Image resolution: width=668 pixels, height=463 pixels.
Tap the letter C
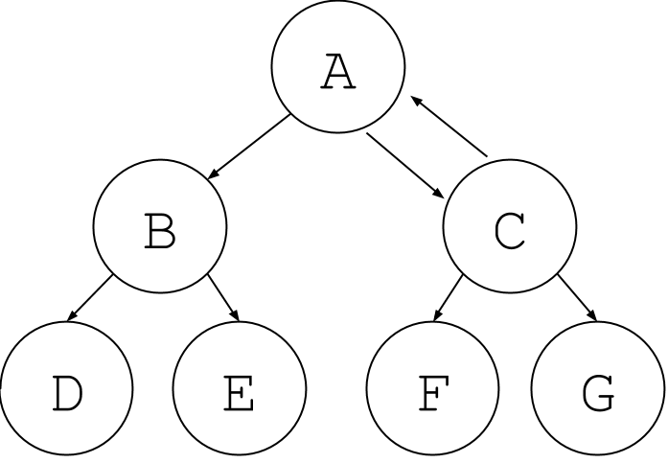(x=510, y=231)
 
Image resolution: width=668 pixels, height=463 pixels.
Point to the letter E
(x=239, y=393)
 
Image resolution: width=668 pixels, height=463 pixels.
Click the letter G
(x=597, y=393)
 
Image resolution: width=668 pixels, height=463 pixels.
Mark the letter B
(x=160, y=231)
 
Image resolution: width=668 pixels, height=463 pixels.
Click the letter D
(x=65, y=393)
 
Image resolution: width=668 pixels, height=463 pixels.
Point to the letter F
(x=432, y=393)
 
